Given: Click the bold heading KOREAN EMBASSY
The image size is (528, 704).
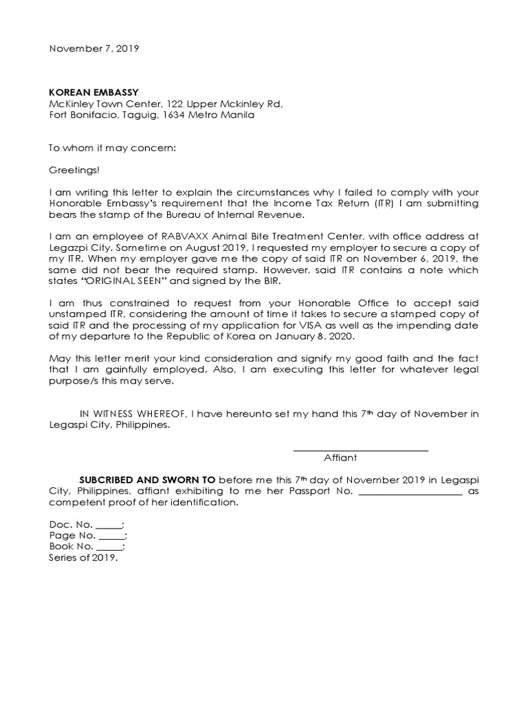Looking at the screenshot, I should click(93, 91).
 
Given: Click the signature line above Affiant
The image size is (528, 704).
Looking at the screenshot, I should click(360, 450).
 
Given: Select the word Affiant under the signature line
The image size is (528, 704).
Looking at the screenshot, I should click(340, 458).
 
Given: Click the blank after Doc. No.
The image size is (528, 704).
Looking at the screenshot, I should click(108, 526).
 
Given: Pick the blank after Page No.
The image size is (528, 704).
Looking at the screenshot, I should click(111, 537).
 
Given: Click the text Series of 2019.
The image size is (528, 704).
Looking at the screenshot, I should click(83, 558).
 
